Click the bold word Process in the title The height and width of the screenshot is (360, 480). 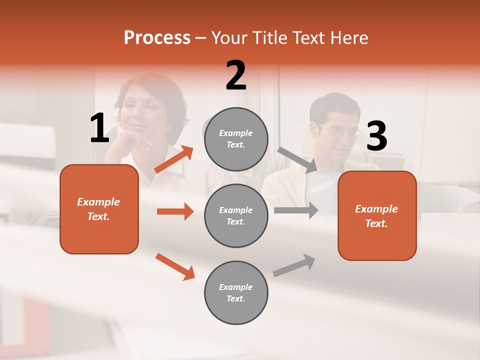[x=157, y=37]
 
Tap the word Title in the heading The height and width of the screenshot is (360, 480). [x=270, y=37]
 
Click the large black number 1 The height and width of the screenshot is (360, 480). [x=99, y=128]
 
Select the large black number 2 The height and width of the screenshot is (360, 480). [x=236, y=75]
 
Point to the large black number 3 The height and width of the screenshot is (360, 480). [x=376, y=136]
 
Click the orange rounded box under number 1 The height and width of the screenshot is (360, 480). [x=99, y=209]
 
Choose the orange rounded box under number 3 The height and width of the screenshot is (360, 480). [x=377, y=216]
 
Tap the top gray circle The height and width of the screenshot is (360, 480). [x=236, y=139]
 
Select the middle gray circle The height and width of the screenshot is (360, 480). [x=236, y=216]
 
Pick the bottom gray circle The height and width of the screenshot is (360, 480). [x=236, y=293]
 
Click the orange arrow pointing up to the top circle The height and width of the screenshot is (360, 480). [x=174, y=159]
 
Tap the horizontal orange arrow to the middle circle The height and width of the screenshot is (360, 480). [x=175, y=211]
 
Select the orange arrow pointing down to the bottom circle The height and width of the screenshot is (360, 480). [x=175, y=266]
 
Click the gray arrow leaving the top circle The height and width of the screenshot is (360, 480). [x=298, y=160]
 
